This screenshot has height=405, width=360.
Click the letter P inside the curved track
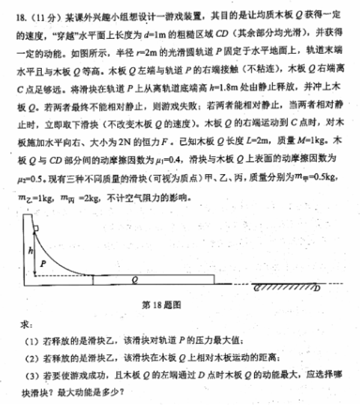pyautogui.click(x=43, y=262)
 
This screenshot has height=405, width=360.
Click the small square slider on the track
pyautogui.click(x=36, y=228)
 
